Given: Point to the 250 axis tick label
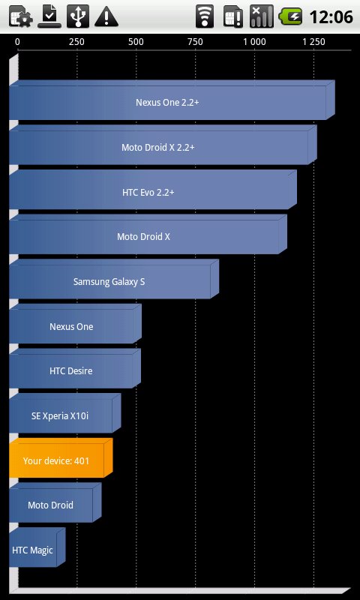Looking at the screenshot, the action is (77, 42).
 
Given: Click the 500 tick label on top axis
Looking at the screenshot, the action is (136, 42).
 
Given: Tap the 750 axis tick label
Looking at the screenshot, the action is (196, 42).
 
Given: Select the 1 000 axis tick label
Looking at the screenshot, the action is (255, 42).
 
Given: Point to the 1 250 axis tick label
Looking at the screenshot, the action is (314, 42).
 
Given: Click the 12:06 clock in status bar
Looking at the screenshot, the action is (331, 16).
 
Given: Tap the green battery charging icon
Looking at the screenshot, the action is (291, 16).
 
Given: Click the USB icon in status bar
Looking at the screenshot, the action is (78, 16).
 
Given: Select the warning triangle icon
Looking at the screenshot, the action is (106, 17).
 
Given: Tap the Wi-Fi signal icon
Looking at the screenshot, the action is (205, 16).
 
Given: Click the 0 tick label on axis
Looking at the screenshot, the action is (17, 42).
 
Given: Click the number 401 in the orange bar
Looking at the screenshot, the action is (82, 460).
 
